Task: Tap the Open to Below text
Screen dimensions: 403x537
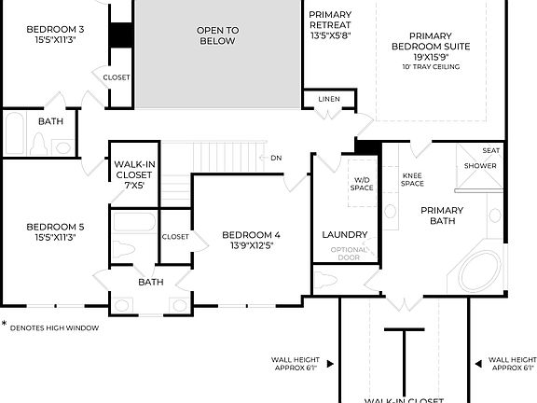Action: pos(217,35)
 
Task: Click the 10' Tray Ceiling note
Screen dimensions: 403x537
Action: pos(432,66)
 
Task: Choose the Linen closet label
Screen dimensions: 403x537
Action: pos(328,98)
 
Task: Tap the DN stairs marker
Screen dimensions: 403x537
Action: pos(276,158)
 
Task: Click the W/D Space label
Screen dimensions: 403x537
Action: pos(362,184)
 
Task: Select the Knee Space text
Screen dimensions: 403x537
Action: pos(412,179)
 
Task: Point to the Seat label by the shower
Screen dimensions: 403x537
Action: pos(490,149)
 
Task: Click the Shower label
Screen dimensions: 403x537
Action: pos(481,166)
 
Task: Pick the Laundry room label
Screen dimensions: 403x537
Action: pos(344,234)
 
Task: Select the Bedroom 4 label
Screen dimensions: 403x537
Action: pos(251,240)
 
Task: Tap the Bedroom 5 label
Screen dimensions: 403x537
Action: pos(55,231)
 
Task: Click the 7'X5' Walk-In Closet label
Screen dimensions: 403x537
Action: pos(134,174)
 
